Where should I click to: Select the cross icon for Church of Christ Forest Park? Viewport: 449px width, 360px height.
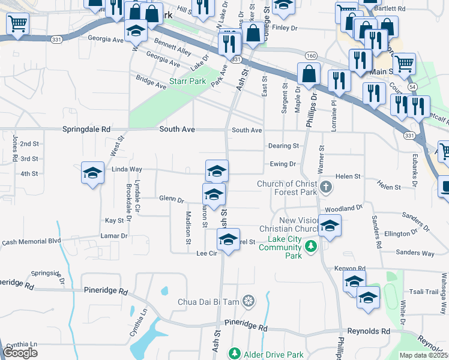pos(325,187)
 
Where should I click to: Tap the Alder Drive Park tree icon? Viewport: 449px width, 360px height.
pos(236,354)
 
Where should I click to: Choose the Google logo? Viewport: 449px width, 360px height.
pos(20,353)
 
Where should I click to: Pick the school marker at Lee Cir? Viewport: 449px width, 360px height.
pos(228,239)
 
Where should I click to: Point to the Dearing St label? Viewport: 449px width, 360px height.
pos(283,146)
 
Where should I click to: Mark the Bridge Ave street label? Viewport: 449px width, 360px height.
pos(151,82)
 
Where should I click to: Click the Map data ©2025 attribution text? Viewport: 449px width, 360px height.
pos(424,355)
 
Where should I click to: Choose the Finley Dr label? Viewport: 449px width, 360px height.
pos(285,28)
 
